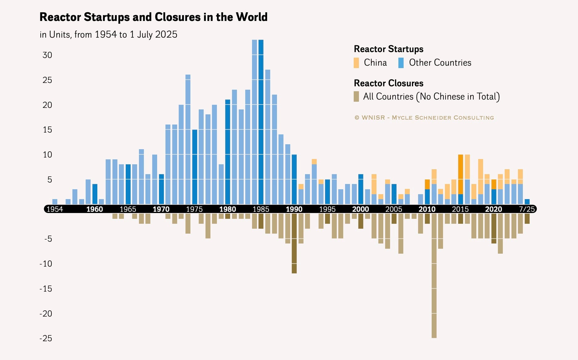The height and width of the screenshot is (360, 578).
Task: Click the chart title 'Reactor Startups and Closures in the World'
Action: pyautogui.click(x=153, y=17)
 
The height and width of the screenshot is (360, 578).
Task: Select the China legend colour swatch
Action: pyautogui.click(x=356, y=63)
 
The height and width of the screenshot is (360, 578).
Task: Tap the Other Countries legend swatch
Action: pyautogui.click(x=401, y=63)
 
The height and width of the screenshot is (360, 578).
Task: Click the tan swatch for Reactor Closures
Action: pyautogui.click(x=356, y=96)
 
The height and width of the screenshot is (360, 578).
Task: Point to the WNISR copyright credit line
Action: pyautogui.click(x=424, y=118)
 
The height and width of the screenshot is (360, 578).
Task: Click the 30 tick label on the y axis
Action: pyautogui.click(x=47, y=55)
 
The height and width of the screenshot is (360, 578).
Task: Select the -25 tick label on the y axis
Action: pyautogui.click(x=46, y=338)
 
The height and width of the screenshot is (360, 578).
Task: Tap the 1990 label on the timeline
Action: pyautogui.click(x=294, y=209)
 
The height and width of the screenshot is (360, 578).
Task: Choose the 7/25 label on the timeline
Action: pyautogui.click(x=527, y=209)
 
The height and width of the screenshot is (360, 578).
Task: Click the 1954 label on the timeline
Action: pyautogui.click(x=55, y=209)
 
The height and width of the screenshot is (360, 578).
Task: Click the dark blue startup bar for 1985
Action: pyautogui.click(x=261, y=122)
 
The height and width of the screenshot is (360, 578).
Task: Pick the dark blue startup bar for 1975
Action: pyautogui.click(x=194, y=167)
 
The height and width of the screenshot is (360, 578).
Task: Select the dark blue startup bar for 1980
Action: pyautogui.click(x=228, y=152)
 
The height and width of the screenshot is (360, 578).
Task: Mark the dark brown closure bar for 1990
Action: pyautogui.click(x=294, y=243)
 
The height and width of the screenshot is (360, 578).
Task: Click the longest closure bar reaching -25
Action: pyautogui.click(x=434, y=276)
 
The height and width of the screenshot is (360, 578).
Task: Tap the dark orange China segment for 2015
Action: pyautogui.click(x=461, y=174)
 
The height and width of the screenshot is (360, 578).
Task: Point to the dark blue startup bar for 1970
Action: pyautogui.click(x=161, y=189)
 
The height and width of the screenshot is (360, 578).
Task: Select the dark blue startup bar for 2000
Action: pyautogui.click(x=361, y=189)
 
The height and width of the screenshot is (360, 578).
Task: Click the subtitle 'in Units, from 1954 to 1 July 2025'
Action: pyautogui.click(x=108, y=35)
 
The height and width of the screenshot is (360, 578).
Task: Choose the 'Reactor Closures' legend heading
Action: pyautogui.click(x=389, y=83)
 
